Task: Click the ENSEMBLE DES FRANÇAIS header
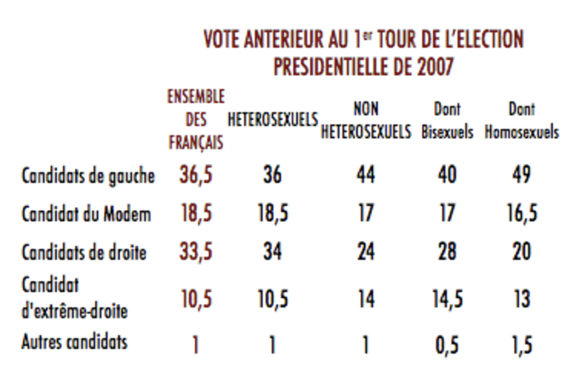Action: click(195, 120)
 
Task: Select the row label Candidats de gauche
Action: click(88, 176)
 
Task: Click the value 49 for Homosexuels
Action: click(522, 175)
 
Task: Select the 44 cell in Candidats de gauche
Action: click(366, 175)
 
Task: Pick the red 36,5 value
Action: click(196, 175)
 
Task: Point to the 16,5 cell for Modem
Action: click(522, 214)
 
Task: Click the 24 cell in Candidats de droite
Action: click(366, 252)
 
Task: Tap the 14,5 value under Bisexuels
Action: click(447, 299)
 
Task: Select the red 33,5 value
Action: click(196, 252)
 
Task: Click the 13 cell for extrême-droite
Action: click(522, 299)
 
